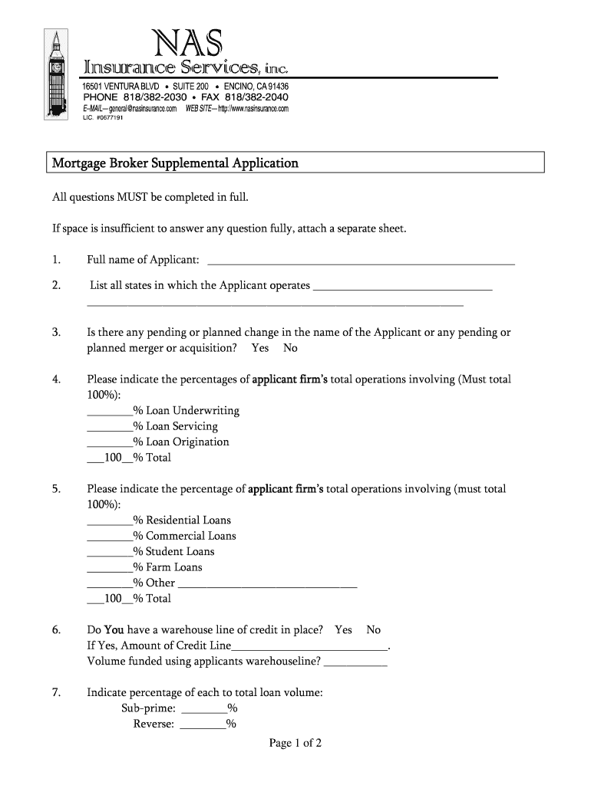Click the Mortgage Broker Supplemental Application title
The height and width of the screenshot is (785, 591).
click(x=174, y=163)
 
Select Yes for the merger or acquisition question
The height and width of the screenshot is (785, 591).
click(x=260, y=348)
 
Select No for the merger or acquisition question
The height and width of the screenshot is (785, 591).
click(x=290, y=348)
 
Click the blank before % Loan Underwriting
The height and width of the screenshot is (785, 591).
click(x=110, y=412)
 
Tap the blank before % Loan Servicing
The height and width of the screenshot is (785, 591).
click(x=110, y=428)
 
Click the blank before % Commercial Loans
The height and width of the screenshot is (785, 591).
click(x=110, y=537)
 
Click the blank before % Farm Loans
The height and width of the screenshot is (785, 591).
click(x=110, y=569)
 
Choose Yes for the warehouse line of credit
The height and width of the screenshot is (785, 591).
click(x=343, y=630)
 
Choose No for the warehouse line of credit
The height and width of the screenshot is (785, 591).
click(x=373, y=630)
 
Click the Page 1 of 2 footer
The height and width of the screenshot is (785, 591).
click(x=295, y=743)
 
